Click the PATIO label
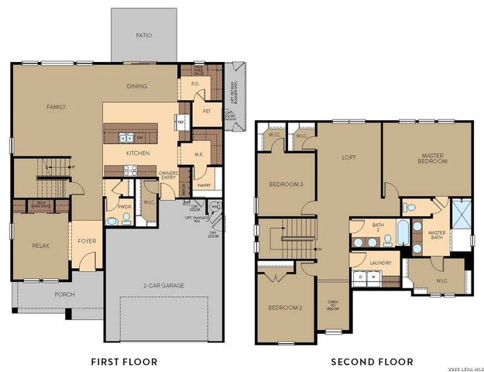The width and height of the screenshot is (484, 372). [x=143, y=35]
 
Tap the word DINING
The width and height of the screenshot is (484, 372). [x=137, y=86]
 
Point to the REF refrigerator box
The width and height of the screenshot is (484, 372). [x=180, y=122]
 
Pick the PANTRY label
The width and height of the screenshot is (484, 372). [x=204, y=185]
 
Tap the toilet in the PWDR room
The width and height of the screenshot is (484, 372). [x=113, y=221]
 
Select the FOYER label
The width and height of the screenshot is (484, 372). [x=87, y=241]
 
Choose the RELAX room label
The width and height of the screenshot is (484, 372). [x=40, y=246]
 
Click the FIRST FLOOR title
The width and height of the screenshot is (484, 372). [x=124, y=361]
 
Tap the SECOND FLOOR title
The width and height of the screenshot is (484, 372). [x=372, y=361]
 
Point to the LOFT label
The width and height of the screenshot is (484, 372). [x=348, y=157]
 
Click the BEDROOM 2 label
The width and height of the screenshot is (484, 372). [x=285, y=308]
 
